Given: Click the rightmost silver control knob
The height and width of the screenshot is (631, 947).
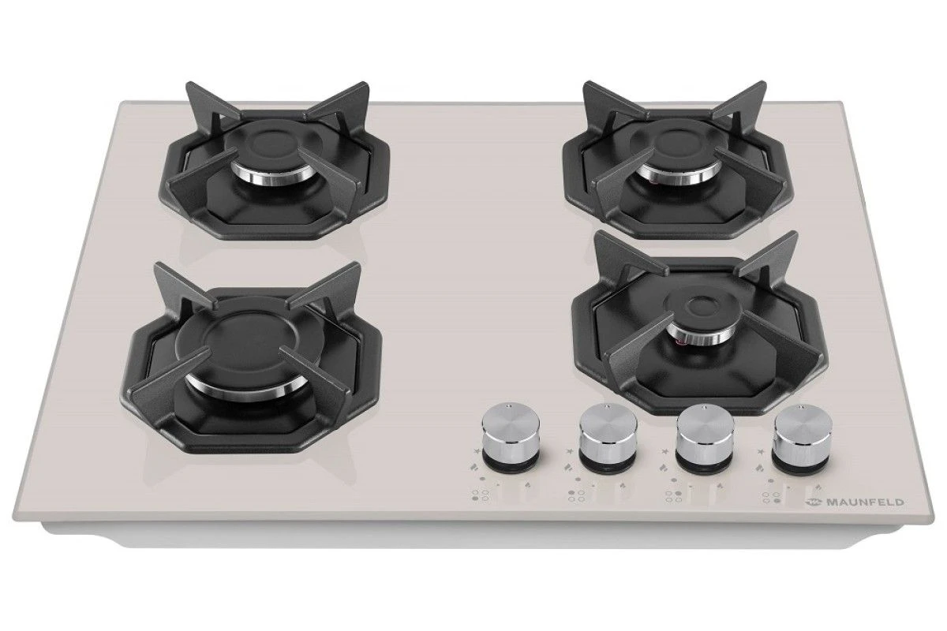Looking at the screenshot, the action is [802, 437].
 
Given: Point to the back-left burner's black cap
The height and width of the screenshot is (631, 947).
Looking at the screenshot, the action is [270, 144].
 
